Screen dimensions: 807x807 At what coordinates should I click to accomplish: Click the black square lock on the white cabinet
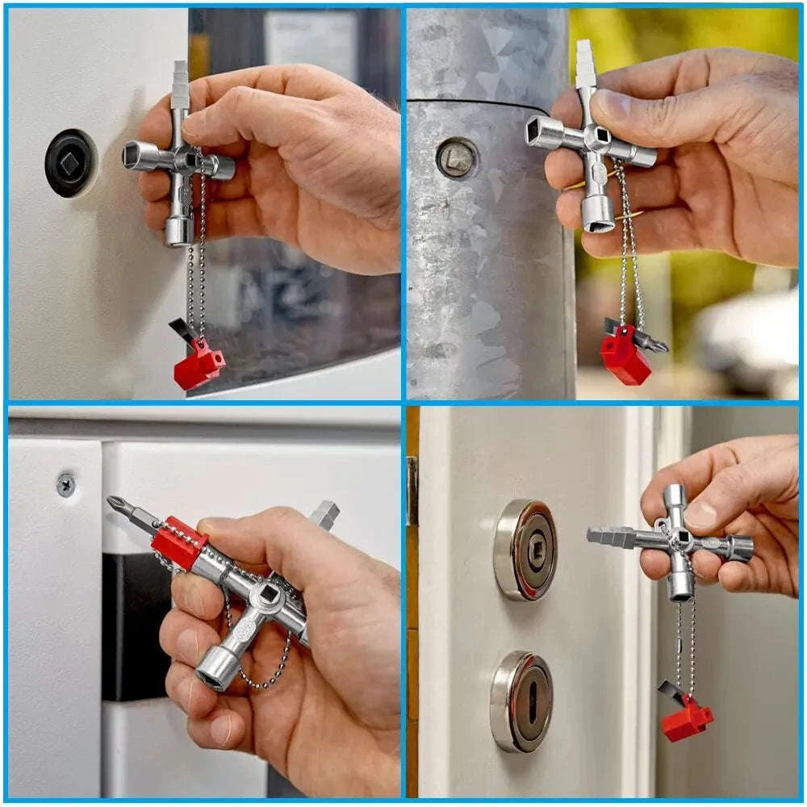[x=70, y=163]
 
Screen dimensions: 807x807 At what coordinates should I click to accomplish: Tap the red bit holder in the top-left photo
[x=199, y=365]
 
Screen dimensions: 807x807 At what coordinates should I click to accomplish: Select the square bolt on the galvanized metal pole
[x=457, y=157]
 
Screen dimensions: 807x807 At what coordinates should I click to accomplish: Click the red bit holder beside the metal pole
[x=625, y=354]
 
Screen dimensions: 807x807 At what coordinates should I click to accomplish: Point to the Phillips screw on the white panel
[x=66, y=484]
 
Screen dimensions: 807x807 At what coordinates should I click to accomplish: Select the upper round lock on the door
[x=525, y=550]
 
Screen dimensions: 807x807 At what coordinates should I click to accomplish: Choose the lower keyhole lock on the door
[x=521, y=700]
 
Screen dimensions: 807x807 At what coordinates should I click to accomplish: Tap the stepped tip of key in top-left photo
[x=180, y=82]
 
